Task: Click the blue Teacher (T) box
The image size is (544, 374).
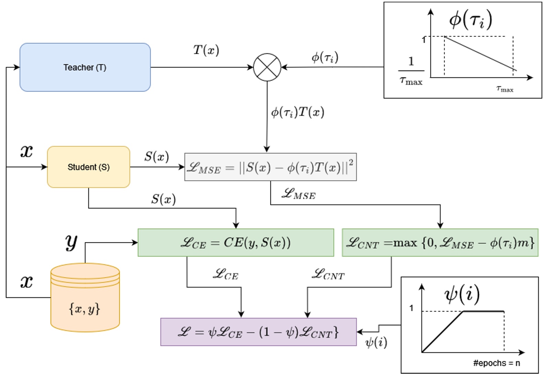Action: [85, 67]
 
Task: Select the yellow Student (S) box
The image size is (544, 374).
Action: [88, 167]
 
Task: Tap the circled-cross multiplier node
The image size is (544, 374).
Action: [267, 67]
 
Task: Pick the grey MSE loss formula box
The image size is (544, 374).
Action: [270, 167]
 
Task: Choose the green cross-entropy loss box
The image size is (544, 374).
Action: [236, 242]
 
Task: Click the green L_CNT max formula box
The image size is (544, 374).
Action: [440, 242]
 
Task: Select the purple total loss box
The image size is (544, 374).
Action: [258, 332]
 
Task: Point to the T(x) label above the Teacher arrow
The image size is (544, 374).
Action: [206, 50]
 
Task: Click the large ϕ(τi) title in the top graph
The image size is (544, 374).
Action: [470, 20]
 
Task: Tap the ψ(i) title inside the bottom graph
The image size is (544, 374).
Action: [462, 294]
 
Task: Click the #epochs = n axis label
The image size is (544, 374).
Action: [496, 363]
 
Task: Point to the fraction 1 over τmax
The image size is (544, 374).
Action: [411, 71]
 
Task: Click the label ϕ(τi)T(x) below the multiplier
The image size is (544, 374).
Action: [298, 112]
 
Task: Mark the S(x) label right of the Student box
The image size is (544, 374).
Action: [157, 157]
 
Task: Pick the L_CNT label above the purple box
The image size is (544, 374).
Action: [328, 274]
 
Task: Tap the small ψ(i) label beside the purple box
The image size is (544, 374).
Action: [376, 342]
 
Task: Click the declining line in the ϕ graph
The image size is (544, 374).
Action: [480, 53]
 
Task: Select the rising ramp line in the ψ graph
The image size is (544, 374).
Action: [443, 332]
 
